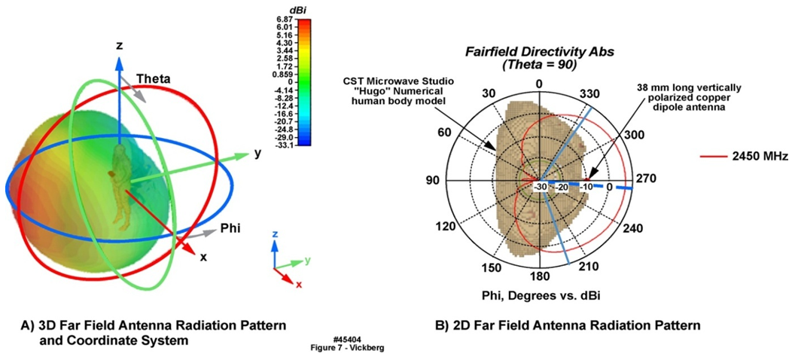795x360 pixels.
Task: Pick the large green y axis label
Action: tap(257, 154)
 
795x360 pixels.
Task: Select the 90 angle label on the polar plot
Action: tap(433, 182)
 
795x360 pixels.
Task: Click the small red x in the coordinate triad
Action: tap(299, 285)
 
